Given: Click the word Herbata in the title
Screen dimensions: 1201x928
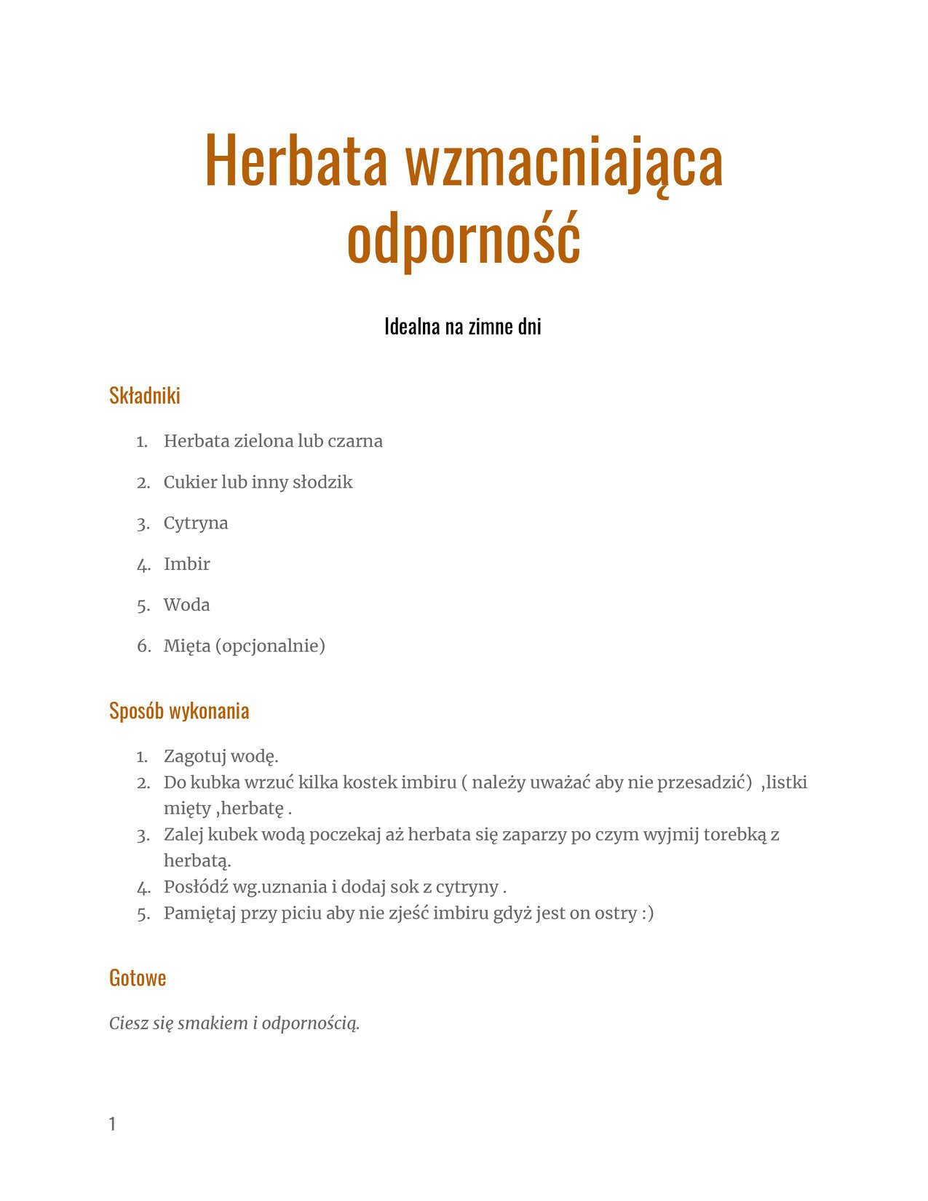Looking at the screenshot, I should click(x=296, y=161).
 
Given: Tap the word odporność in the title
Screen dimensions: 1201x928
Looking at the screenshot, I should click(x=464, y=237).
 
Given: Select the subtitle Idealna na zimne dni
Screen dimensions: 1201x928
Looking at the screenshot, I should click(x=463, y=327).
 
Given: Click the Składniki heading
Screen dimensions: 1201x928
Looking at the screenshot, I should click(x=145, y=396).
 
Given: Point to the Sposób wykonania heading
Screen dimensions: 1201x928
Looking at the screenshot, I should click(x=179, y=711).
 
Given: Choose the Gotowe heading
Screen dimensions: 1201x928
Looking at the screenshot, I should click(x=138, y=978).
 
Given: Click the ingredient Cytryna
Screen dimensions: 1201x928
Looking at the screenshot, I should click(x=196, y=523).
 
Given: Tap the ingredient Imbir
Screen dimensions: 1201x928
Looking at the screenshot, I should click(x=187, y=564).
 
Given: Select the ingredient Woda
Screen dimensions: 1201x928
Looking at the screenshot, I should click(x=187, y=605).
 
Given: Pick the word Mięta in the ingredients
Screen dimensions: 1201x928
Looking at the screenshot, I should click(x=187, y=646).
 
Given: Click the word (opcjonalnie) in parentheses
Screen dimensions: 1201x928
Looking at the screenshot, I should click(x=270, y=646).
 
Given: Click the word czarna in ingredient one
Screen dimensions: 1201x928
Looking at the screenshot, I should click(x=355, y=441).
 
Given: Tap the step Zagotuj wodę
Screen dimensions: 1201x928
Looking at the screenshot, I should click(x=221, y=756).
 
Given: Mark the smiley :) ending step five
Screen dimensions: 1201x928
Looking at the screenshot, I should click(x=647, y=913).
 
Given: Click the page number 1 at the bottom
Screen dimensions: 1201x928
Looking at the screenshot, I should click(x=112, y=1125).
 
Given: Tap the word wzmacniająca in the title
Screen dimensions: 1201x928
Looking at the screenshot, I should click(x=563, y=161).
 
